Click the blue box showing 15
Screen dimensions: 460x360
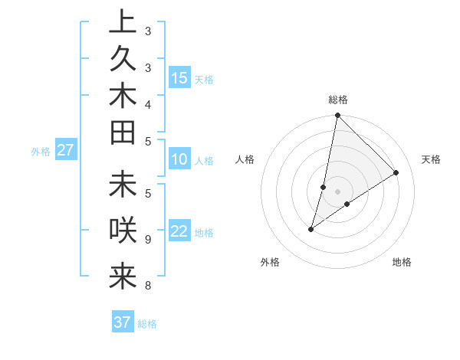pyautogui.click(x=179, y=78)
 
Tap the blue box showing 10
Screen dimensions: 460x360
pyautogui.click(x=179, y=160)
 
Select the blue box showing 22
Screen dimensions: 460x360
pyautogui.click(x=179, y=232)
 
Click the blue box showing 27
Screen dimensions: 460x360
pyautogui.click(x=66, y=151)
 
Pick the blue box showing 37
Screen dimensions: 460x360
pyautogui.click(x=123, y=322)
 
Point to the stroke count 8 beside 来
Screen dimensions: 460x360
pyautogui.click(x=148, y=286)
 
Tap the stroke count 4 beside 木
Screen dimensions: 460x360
pyautogui.click(x=148, y=103)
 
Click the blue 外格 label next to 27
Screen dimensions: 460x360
pyautogui.click(x=41, y=152)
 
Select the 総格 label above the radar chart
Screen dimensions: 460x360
pyautogui.click(x=338, y=100)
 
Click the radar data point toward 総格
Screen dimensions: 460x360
pyautogui.click(x=337, y=116)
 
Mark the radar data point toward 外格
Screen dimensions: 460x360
pyautogui.click(x=311, y=229)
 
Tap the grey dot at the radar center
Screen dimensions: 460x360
pyautogui.click(x=337, y=191)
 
